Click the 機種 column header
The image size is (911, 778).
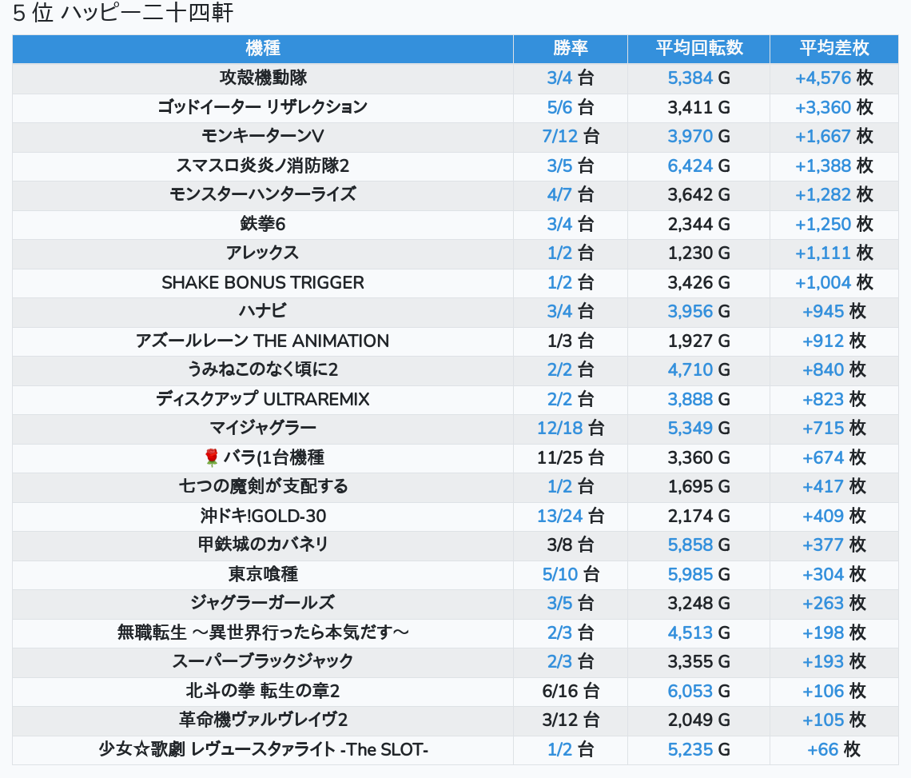(x=263, y=48)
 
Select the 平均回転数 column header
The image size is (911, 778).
(x=699, y=48)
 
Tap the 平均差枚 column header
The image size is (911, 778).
(x=834, y=48)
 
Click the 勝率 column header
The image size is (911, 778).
(x=571, y=48)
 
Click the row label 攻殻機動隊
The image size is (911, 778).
(x=263, y=78)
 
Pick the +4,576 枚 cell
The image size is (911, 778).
(x=834, y=78)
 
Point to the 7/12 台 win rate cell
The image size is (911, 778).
(x=571, y=136)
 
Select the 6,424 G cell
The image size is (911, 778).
(x=699, y=166)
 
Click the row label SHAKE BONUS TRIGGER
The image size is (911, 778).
(x=263, y=282)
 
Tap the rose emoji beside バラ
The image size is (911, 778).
(x=211, y=457)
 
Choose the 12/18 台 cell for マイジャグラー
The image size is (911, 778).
(x=571, y=428)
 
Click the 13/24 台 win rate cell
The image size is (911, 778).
(x=571, y=516)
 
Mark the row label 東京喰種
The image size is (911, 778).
(x=263, y=574)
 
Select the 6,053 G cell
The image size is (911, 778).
(x=699, y=691)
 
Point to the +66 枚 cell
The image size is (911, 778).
(x=834, y=749)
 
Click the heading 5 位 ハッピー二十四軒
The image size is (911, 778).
(x=123, y=14)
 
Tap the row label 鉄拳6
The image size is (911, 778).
(x=263, y=224)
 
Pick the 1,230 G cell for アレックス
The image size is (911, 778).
(x=699, y=253)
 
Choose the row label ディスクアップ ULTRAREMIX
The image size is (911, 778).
(x=263, y=399)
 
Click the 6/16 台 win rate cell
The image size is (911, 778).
(x=571, y=691)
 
